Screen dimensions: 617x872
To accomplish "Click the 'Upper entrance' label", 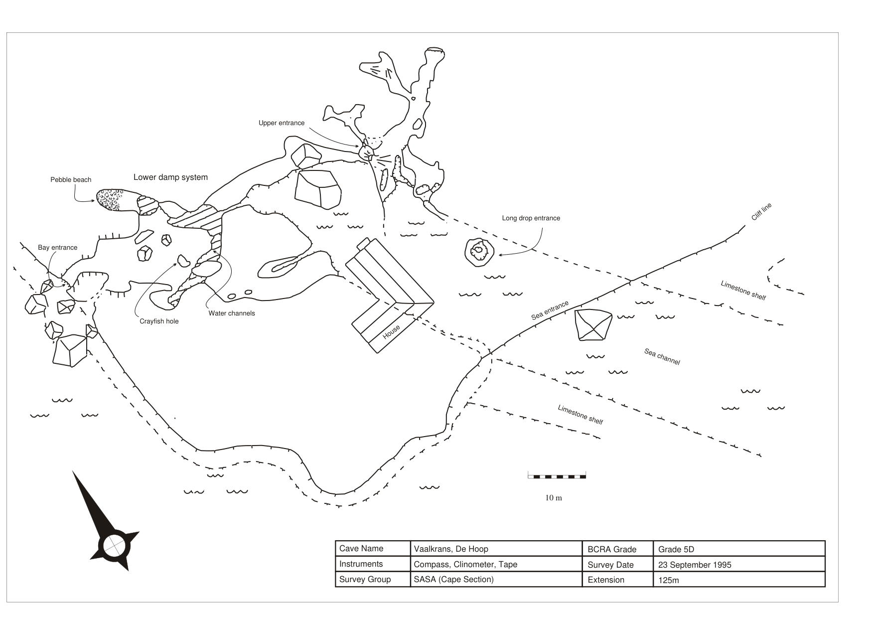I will tap(281, 123).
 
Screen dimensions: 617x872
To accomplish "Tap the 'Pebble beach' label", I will tap(71, 180).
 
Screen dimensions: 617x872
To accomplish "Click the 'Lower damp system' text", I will tap(170, 177).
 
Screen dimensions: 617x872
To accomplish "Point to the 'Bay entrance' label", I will tap(57, 248).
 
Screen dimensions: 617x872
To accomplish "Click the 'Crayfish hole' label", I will tap(158, 321).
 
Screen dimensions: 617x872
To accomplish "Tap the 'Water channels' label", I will tap(231, 313).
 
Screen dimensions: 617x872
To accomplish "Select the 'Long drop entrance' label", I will tap(531, 218).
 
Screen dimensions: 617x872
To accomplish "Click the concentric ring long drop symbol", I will tap(479, 251).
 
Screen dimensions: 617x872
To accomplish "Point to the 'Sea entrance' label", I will tap(550, 310).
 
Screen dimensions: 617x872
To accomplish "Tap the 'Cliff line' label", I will tap(761, 212).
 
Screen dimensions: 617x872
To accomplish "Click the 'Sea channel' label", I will tap(662, 357).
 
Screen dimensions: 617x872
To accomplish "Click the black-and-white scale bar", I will tap(557, 476).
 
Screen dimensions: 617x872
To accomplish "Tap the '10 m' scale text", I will tap(553, 498).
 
